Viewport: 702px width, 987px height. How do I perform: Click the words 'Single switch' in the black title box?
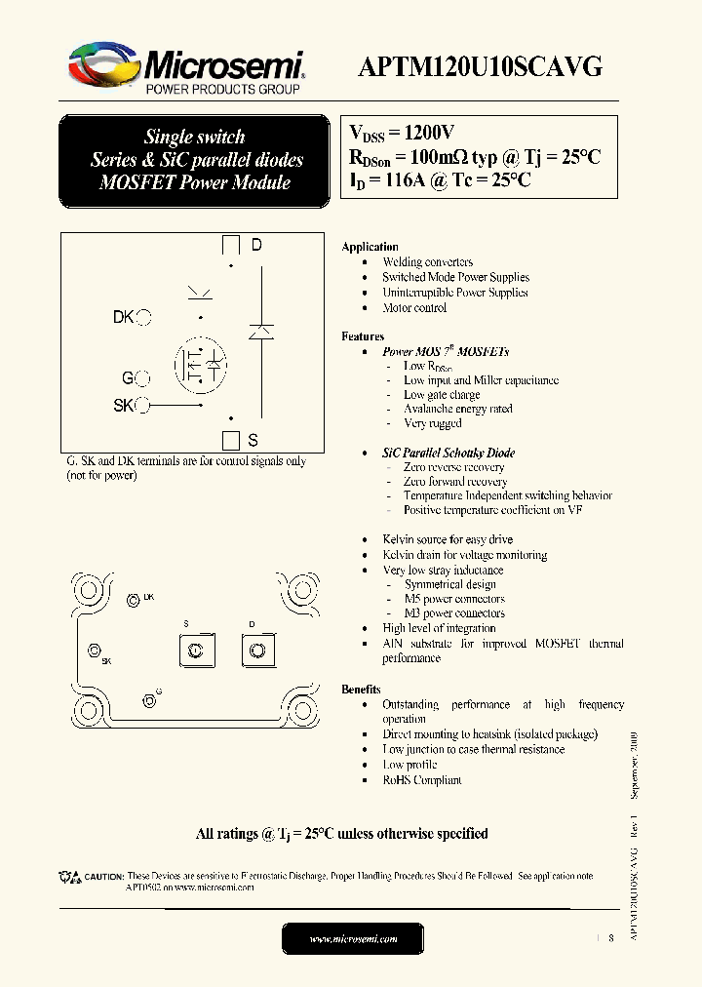point(195,137)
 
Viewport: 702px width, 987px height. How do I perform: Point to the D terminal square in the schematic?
point(232,245)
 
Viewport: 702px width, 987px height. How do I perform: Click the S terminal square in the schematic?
point(231,439)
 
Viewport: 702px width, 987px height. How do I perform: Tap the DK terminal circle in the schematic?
point(144,317)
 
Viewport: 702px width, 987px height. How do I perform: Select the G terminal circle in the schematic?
point(143,378)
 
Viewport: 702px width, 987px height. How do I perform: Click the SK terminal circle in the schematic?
point(143,405)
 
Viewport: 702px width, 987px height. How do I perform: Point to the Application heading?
point(370,247)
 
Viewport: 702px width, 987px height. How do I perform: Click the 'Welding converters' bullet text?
point(427,262)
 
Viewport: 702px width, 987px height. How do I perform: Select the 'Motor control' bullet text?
point(414,307)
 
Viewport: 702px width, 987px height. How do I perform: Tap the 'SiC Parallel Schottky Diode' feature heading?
point(448,453)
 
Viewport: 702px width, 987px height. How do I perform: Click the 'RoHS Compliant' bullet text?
point(421,779)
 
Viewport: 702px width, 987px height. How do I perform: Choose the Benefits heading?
point(361,689)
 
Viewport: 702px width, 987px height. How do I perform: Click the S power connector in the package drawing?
point(195,651)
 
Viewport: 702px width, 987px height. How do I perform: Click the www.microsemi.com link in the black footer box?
point(353,938)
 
